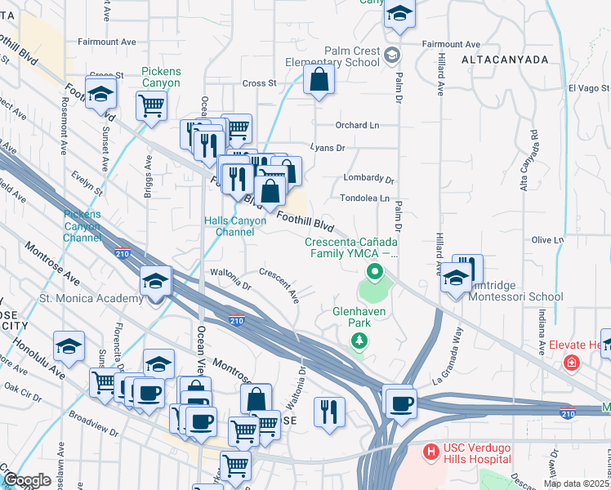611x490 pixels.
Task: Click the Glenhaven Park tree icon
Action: pos(358,343)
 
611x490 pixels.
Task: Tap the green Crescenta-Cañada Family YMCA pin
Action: pos(375,271)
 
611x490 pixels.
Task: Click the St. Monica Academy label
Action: pos(91,299)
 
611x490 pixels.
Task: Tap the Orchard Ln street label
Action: pos(358,125)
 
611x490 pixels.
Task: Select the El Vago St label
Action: pos(589,87)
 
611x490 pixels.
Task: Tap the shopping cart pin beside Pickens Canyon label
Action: pos(151,105)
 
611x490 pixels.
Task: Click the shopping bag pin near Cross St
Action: pos(319,80)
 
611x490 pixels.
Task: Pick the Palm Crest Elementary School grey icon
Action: pos(393,56)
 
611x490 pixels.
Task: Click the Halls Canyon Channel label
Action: pos(234,226)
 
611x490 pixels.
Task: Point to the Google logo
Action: pos(26,479)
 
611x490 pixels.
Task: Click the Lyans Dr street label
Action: pos(328,148)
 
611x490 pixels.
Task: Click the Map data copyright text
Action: pos(577,483)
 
